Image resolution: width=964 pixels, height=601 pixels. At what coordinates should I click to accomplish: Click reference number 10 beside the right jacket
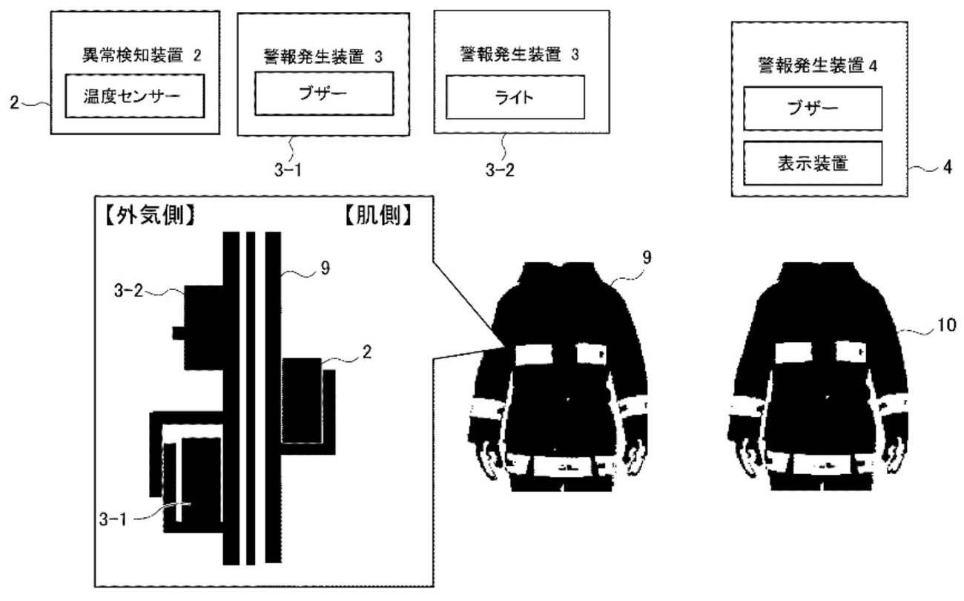[x=945, y=324]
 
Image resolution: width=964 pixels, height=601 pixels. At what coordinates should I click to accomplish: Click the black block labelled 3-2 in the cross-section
[x=204, y=327]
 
